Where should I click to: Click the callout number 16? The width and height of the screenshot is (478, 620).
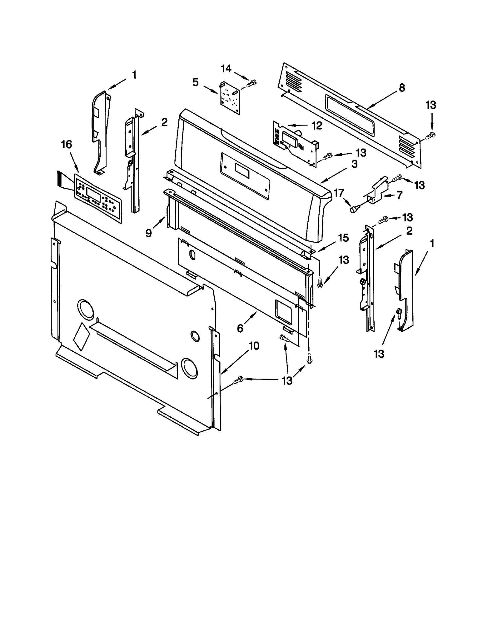point(66,145)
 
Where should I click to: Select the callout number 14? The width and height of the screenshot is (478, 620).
point(226,69)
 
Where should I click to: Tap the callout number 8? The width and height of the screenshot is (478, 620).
point(402,88)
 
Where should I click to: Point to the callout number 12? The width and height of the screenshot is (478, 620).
point(317,126)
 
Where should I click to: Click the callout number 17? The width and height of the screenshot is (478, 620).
point(339,193)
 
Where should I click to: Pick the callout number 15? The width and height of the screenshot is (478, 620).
point(344,238)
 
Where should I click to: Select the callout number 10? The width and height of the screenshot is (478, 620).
point(254,346)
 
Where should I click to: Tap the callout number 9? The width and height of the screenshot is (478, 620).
point(148,233)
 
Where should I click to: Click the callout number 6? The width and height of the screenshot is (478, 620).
point(240,328)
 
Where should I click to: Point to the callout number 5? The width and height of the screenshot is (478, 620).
point(195,82)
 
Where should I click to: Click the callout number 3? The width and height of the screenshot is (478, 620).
point(354,164)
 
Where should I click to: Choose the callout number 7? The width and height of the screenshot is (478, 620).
point(399,195)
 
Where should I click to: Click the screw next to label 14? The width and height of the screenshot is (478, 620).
point(252,82)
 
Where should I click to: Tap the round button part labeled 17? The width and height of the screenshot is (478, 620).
point(354,210)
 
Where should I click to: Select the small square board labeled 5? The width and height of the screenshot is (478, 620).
point(230,99)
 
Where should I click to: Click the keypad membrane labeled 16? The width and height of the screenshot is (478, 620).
point(97,198)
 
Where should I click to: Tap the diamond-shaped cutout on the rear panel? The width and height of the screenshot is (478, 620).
point(81,336)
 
